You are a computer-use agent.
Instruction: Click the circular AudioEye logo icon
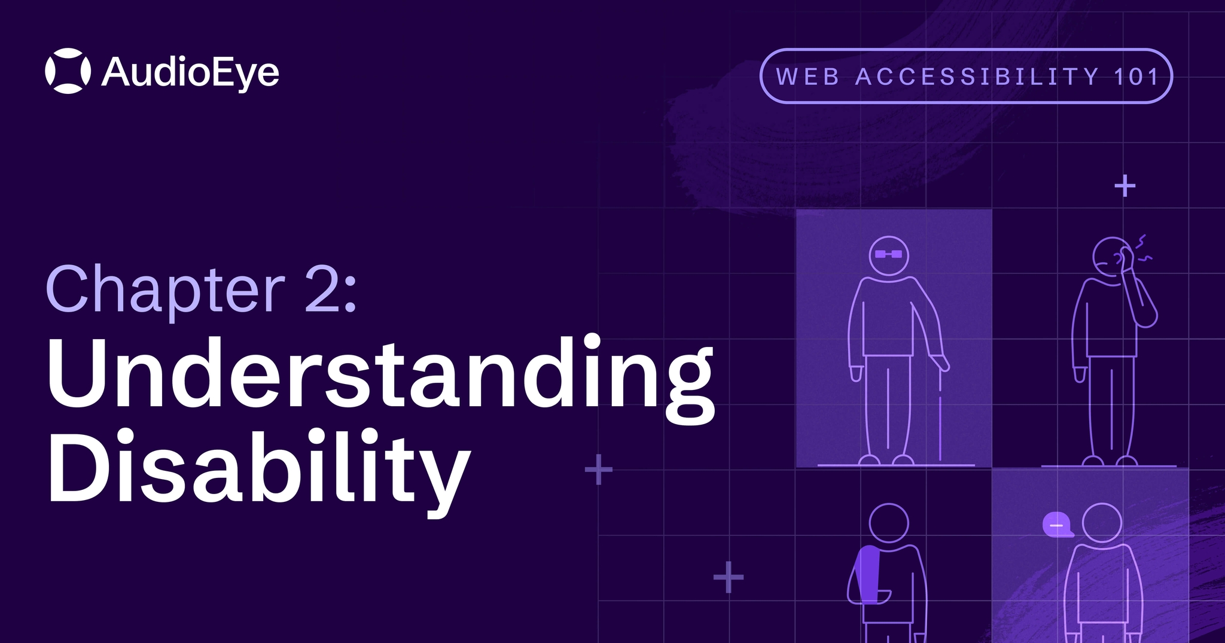(68, 71)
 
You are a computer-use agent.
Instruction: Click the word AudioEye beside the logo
(190, 74)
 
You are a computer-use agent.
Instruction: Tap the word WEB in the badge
(807, 77)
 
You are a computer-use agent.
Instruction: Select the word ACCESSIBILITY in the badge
(977, 77)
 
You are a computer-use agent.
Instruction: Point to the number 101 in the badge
(1136, 77)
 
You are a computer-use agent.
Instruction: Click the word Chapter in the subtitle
(165, 291)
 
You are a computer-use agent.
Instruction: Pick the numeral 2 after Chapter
(324, 291)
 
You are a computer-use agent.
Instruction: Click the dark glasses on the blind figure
(888, 254)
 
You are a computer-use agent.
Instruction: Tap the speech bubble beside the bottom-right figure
(1057, 525)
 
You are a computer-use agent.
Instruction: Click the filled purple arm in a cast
(868, 574)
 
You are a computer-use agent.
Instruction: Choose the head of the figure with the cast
(888, 523)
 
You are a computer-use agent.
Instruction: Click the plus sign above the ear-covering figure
(1125, 186)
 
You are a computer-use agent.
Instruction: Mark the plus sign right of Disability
(598, 470)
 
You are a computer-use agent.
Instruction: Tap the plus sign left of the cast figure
(728, 577)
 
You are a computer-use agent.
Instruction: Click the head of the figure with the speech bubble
(1102, 523)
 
